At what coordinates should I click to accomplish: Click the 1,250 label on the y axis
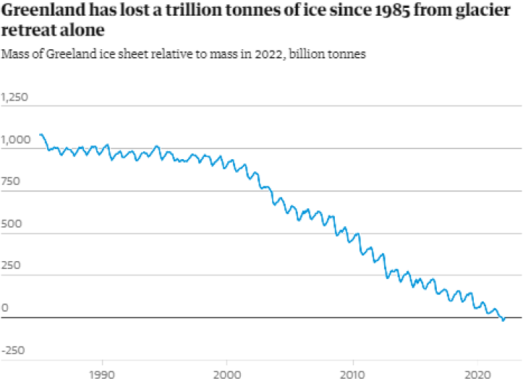coord(15,98)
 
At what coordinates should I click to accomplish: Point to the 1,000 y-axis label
coord(15,140)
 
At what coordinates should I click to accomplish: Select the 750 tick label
coord(11,182)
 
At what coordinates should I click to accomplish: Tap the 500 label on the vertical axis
coord(11,224)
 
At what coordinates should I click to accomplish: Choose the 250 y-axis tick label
coord(11,266)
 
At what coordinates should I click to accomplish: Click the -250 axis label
coord(13,350)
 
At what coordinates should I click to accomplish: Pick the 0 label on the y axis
coord(5,308)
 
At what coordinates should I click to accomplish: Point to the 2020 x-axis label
coord(476,373)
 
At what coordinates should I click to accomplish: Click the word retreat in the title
coord(29,31)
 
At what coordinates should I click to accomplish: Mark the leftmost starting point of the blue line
coord(40,134)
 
